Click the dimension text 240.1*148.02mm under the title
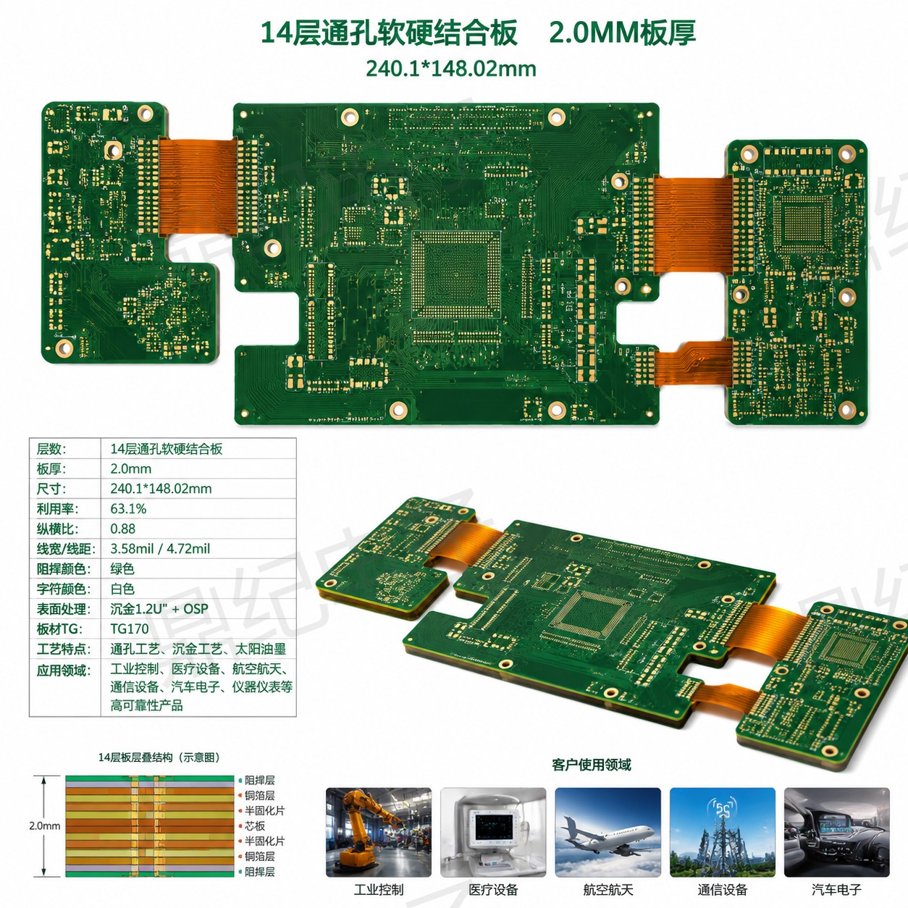451,69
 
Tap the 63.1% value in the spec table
128,509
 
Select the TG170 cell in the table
130,629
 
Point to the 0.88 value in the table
122,529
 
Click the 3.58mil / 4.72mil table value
160,549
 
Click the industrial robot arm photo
379,832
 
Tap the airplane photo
608,832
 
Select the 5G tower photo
723,832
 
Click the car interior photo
837,832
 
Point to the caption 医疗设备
493,890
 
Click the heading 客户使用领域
592,765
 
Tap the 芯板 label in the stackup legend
254,825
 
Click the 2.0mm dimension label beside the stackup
44,825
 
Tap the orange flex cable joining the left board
198,187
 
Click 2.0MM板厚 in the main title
623,33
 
